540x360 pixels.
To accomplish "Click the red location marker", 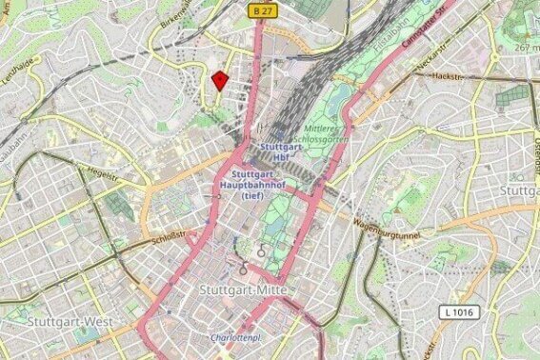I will coord(220,80).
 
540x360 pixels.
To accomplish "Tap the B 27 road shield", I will coord(265,9).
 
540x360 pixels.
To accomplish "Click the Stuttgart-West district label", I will coord(70,323).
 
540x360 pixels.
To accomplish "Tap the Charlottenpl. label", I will coord(236,337).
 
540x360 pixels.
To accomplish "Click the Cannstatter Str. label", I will coord(424,28).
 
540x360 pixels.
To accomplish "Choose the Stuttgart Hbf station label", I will coord(281,152).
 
